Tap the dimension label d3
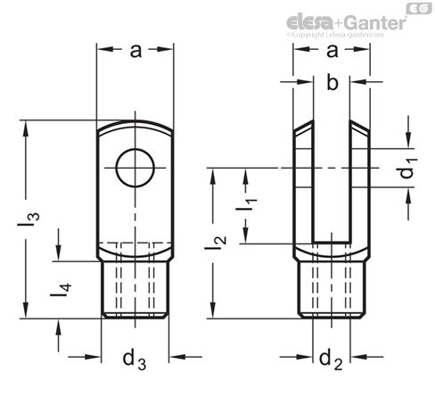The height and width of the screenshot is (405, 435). click(x=135, y=360)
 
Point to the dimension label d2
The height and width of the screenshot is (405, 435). click(x=331, y=360)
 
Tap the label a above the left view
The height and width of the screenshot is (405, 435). click(x=135, y=52)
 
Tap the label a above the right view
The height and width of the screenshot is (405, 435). click(x=331, y=52)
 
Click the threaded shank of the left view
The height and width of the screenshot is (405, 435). click(x=135, y=288)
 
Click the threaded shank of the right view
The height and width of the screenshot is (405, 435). click(x=332, y=288)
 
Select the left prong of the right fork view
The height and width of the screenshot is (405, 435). click(x=306, y=187)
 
